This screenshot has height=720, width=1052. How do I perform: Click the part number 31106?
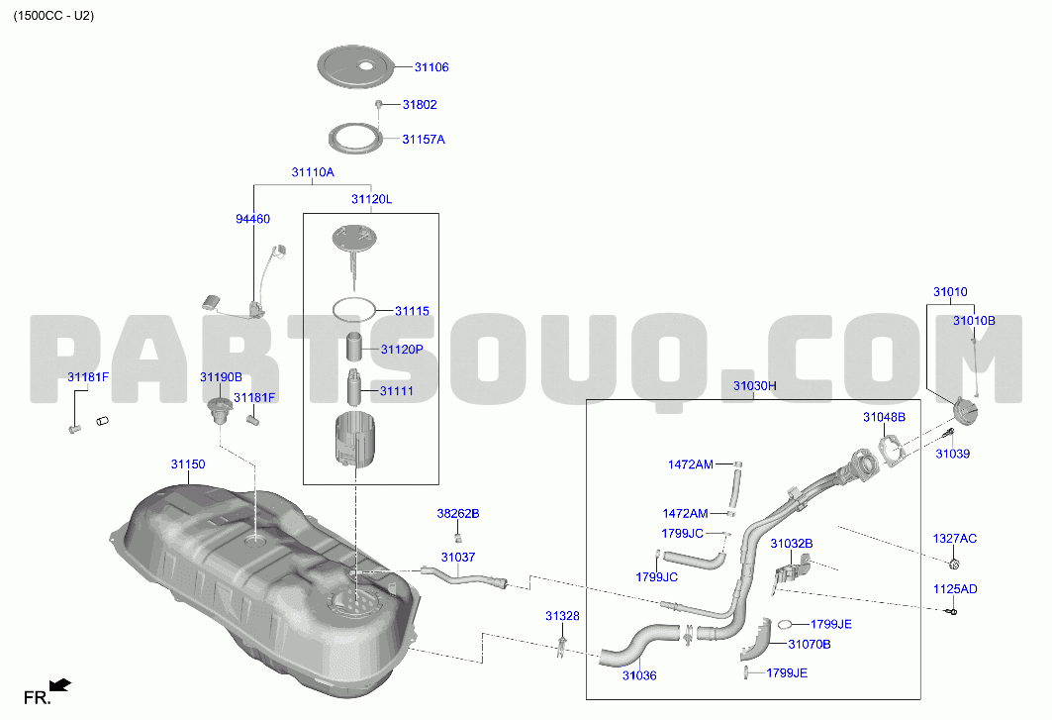pyautogui.click(x=431, y=67)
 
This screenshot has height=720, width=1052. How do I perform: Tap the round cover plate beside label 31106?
pyautogui.click(x=355, y=66)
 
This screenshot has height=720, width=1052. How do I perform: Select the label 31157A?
pyautogui.click(x=424, y=140)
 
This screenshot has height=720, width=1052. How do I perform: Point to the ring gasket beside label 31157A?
pyautogui.click(x=355, y=139)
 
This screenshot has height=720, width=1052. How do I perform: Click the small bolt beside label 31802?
pyautogui.click(x=378, y=104)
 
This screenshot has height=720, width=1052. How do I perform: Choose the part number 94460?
pyautogui.click(x=253, y=219)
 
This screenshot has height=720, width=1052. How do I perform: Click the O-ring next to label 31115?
pyautogui.click(x=353, y=310)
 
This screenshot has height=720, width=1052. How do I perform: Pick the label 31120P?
pyautogui.click(x=402, y=350)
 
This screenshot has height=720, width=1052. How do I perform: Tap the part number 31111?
pyautogui.click(x=397, y=391)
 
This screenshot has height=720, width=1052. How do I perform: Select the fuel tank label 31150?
pyautogui.click(x=188, y=464)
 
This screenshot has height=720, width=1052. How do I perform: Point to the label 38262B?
pyautogui.click(x=458, y=514)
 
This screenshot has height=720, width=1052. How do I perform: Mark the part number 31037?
pyautogui.click(x=458, y=558)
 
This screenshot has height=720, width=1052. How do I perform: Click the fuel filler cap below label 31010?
pyautogui.click(x=966, y=411)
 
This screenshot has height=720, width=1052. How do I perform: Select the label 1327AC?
pyautogui.click(x=955, y=539)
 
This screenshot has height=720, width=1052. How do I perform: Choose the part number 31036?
pyautogui.click(x=639, y=675)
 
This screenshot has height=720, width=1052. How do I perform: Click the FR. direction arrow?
pyautogui.click(x=60, y=685)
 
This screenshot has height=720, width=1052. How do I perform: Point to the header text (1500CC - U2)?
pyautogui.click(x=53, y=16)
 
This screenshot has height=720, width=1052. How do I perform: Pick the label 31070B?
pyautogui.click(x=810, y=645)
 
